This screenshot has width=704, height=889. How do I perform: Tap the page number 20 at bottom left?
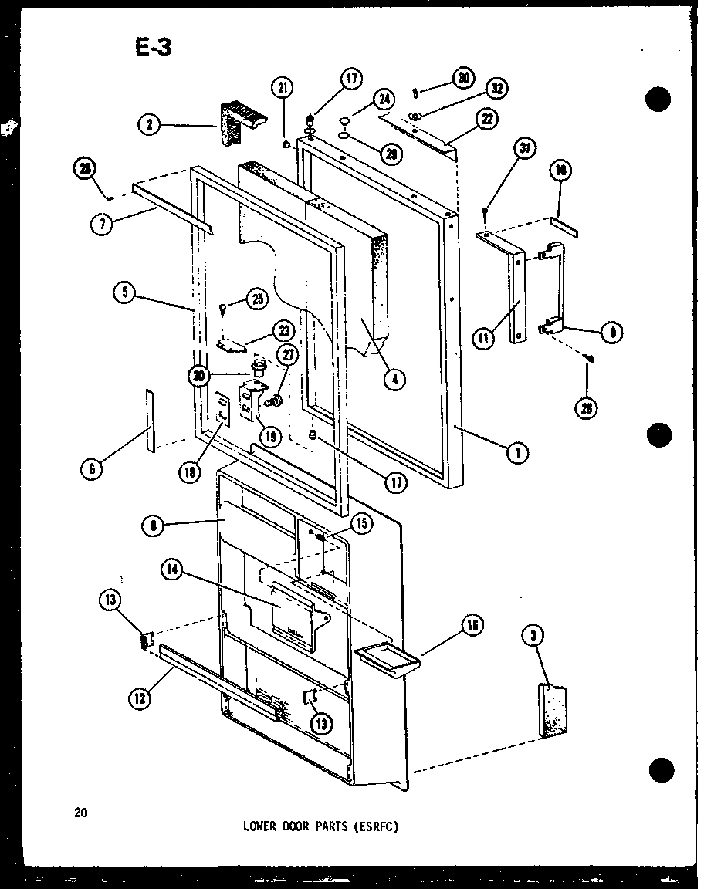pos(81,811)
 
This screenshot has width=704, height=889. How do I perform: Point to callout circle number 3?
pos(533,635)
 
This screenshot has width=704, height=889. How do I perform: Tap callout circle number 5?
pos(124,292)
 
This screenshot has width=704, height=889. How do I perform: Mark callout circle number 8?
pos(152,526)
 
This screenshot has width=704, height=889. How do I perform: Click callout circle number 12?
pos(139,700)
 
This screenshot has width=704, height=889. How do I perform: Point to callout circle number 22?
pos(487,118)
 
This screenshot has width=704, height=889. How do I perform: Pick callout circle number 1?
pos(517,454)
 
